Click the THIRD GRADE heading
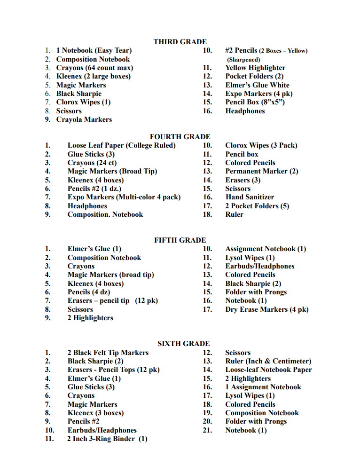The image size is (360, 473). [180, 42]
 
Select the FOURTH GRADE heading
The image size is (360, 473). [180, 137]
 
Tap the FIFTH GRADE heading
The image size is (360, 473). [180, 240]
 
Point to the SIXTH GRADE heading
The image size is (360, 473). [183, 344]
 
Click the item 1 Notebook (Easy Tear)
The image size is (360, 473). [94, 50]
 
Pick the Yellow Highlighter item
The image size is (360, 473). [255, 68]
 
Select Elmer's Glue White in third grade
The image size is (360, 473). [257, 85]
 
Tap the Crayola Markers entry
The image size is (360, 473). [84, 119]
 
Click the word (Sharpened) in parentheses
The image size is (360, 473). [243, 60]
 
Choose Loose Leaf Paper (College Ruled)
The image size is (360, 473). [121, 145]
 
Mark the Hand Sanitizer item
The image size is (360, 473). [250, 197]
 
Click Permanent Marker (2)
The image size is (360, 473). [262, 171]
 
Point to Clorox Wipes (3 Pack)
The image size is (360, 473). [261, 145]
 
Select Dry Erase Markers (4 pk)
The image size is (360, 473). [267, 309]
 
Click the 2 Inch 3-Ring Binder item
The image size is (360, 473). [107, 439]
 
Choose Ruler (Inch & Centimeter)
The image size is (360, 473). [268, 361]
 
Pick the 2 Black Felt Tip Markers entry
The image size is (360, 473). [108, 353]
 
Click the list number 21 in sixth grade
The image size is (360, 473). [207, 430]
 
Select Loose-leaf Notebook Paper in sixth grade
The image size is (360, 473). [268, 370]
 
